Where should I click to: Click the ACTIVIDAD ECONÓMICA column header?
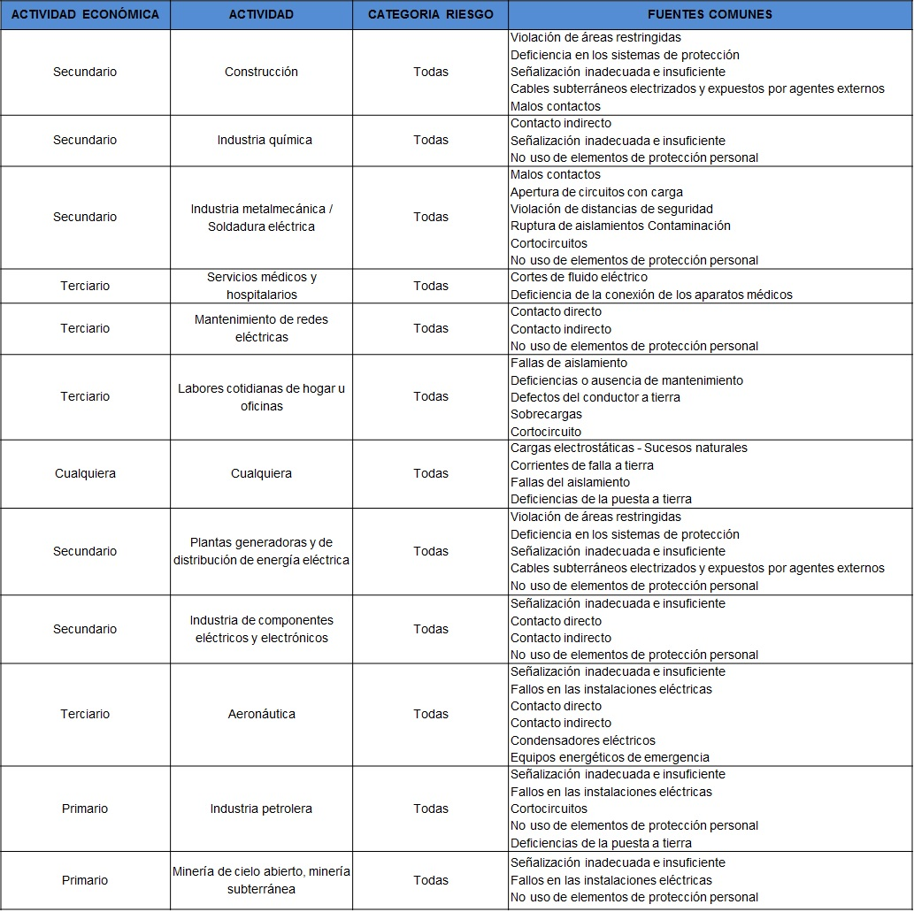tap(85, 14)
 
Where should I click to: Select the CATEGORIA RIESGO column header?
tap(430, 14)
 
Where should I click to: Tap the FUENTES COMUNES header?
tap(710, 14)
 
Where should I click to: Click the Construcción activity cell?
tap(261, 72)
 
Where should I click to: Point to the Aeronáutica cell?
tap(262, 714)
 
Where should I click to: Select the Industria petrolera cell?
tap(261, 809)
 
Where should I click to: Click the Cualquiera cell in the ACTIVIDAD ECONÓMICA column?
tap(85, 473)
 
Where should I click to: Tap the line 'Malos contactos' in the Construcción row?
tap(556, 106)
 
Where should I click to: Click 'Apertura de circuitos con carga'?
tap(596, 192)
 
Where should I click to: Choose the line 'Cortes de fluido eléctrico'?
tap(579, 277)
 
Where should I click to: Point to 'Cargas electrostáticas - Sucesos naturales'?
tap(628, 448)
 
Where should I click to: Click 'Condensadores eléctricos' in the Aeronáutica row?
tap(582, 740)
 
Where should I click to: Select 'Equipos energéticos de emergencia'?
tap(610, 757)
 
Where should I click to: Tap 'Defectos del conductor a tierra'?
tap(595, 397)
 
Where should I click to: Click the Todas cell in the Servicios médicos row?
tap(431, 286)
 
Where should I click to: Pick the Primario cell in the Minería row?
tap(85, 880)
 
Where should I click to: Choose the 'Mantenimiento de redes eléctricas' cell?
tap(261, 328)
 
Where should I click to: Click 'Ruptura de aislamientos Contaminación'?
tap(620, 226)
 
